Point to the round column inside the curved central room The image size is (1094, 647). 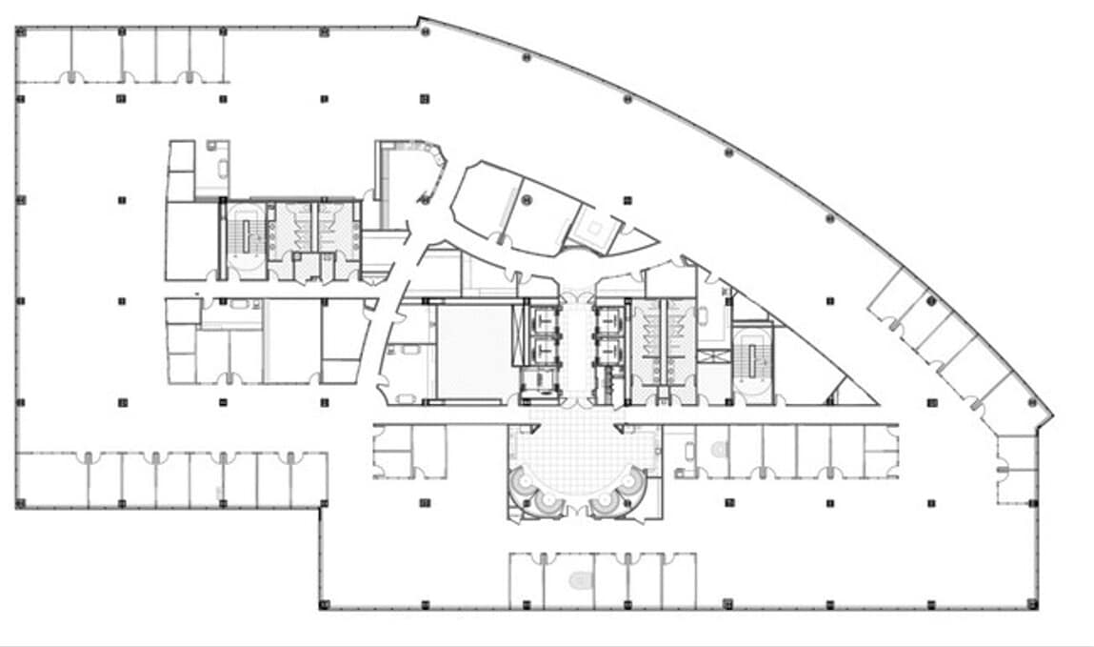pos(526,199)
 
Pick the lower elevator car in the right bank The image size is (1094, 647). pos(607,352)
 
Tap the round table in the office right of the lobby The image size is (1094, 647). pos(719,447)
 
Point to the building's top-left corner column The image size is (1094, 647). pos(19,30)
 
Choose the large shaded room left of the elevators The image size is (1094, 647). pos(473,349)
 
